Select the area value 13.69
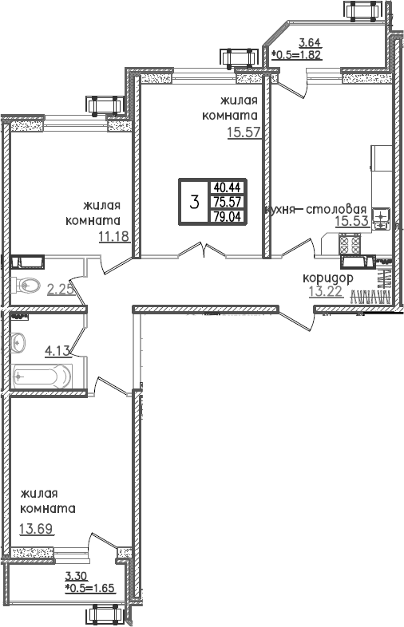(x=34, y=526)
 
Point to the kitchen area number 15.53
(x=351, y=223)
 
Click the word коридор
(x=327, y=277)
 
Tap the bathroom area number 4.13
(x=58, y=349)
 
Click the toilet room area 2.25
(x=61, y=290)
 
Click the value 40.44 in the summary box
(x=226, y=187)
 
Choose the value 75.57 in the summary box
(x=226, y=201)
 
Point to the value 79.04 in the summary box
(x=226, y=215)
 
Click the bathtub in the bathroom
(x=42, y=373)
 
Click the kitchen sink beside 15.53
(x=381, y=219)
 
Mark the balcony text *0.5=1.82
(x=299, y=55)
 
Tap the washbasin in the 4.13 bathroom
(x=19, y=342)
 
